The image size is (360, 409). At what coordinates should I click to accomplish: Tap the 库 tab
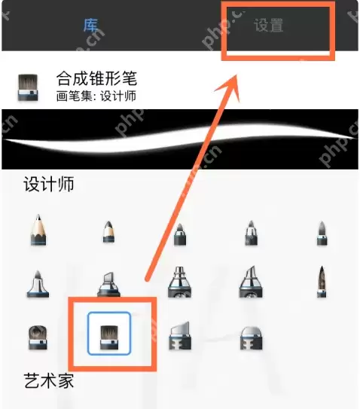90,25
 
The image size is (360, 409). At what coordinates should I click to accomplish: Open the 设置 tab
269,25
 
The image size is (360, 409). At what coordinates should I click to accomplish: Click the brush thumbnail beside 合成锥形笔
28,87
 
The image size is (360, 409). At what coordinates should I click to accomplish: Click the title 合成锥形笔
96,78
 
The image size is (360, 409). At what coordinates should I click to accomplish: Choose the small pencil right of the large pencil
108,232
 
